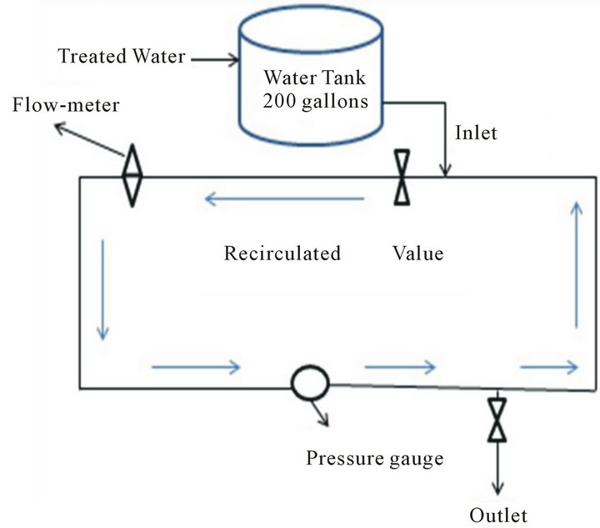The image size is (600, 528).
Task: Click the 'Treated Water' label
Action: (x=121, y=58)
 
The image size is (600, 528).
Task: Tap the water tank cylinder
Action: (x=311, y=79)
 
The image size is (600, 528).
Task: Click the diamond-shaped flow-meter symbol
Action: (x=132, y=176)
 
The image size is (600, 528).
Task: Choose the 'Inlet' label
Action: (x=476, y=133)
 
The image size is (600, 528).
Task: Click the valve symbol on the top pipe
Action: (x=402, y=177)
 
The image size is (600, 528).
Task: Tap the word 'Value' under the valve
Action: (x=417, y=253)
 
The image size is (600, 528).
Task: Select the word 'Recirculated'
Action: (x=282, y=253)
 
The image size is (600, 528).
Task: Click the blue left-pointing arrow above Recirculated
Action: (x=284, y=199)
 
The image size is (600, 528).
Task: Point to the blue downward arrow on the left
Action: (x=102, y=289)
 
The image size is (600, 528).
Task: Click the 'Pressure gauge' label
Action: (x=374, y=458)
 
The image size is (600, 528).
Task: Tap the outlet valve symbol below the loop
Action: (x=497, y=420)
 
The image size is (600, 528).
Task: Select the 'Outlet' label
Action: (x=497, y=513)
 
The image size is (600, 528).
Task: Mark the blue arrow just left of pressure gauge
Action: (x=196, y=365)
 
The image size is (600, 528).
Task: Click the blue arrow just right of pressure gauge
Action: (x=401, y=365)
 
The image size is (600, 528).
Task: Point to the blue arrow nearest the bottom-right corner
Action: (x=548, y=365)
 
